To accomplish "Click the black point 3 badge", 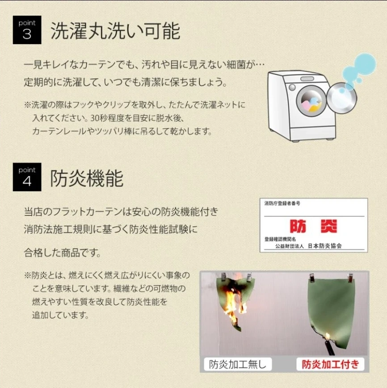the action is (x=27, y=30).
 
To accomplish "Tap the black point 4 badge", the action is (x=27, y=177).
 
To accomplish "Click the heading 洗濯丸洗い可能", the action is (x=115, y=31).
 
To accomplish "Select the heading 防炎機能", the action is (x=87, y=178).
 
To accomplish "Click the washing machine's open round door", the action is (x=342, y=98).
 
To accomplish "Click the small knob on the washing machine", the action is (x=292, y=87).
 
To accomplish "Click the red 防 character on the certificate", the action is (x=298, y=226).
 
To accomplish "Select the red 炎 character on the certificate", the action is (x=329, y=226).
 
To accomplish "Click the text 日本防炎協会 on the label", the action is (x=324, y=246).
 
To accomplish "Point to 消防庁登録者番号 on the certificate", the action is (x=282, y=203).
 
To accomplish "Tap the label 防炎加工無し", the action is (x=238, y=364).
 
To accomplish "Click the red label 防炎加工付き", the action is (x=330, y=364).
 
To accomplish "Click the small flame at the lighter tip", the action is (x=328, y=336).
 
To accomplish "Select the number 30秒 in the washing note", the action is (x=99, y=118).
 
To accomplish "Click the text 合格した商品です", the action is (x=63, y=253).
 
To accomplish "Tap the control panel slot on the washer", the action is (x=307, y=79).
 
